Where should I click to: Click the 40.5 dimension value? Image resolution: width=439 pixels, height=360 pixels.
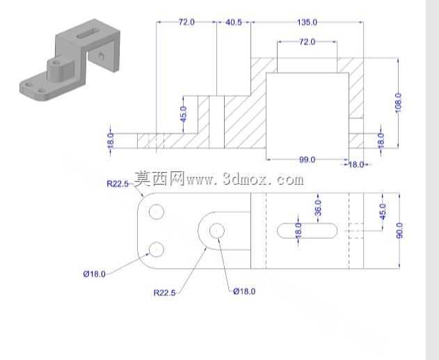[x=234, y=22]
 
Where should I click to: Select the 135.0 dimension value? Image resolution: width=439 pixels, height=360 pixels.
[x=307, y=22]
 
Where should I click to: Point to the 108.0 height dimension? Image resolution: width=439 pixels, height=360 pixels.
[x=399, y=102]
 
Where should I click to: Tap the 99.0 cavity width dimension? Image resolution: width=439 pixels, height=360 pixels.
[x=307, y=159]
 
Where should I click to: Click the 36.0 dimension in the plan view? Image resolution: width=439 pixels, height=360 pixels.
[x=318, y=208]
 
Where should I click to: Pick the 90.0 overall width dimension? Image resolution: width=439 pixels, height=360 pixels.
[x=400, y=230]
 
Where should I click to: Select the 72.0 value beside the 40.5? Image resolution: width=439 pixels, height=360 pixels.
[x=186, y=22]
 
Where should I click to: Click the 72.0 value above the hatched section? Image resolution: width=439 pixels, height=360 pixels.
[x=307, y=42]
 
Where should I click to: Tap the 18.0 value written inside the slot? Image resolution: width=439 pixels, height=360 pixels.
[x=298, y=230]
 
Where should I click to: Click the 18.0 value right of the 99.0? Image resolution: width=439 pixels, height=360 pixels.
[x=356, y=164]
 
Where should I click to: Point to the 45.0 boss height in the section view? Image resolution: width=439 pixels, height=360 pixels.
[x=184, y=114]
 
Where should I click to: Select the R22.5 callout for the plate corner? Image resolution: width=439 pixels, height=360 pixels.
[x=118, y=184]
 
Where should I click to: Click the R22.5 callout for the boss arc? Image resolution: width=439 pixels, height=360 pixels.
[x=165, y=292]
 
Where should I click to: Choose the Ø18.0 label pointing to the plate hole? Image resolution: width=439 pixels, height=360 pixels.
[x=95, y=274]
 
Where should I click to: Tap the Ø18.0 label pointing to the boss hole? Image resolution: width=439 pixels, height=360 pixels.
[x=244, y=291]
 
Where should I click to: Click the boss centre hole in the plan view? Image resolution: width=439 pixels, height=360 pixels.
[x=216, y=231]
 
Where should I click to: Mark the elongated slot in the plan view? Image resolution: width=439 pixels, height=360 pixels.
[x=307, y=230]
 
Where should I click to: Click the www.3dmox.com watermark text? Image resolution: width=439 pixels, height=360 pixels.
[x=245, y=180]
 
